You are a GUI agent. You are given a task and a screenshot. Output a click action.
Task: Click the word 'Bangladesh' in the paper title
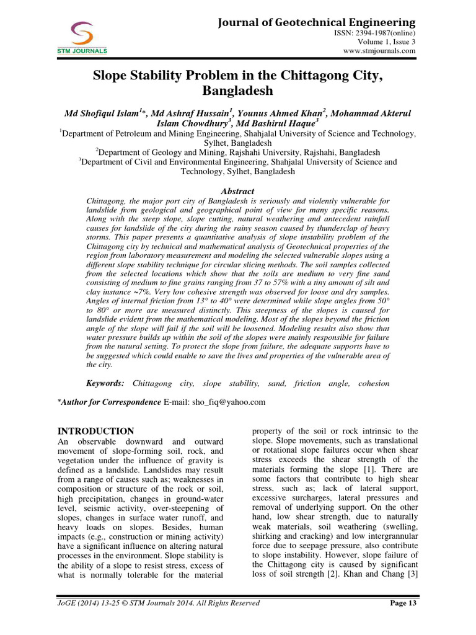pyautogui.click(x=238, y=92)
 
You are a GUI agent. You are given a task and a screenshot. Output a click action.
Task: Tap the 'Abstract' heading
pyautogui.click(x=237, y=191)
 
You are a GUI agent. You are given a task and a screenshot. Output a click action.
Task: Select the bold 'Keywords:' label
pyautogui.click(x=105, y=383)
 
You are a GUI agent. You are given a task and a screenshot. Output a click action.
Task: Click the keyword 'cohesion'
pyautogui.click(x=374, y=383)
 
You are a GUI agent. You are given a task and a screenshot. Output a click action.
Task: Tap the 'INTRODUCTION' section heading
pyautogui.click(x=95, y=431)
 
